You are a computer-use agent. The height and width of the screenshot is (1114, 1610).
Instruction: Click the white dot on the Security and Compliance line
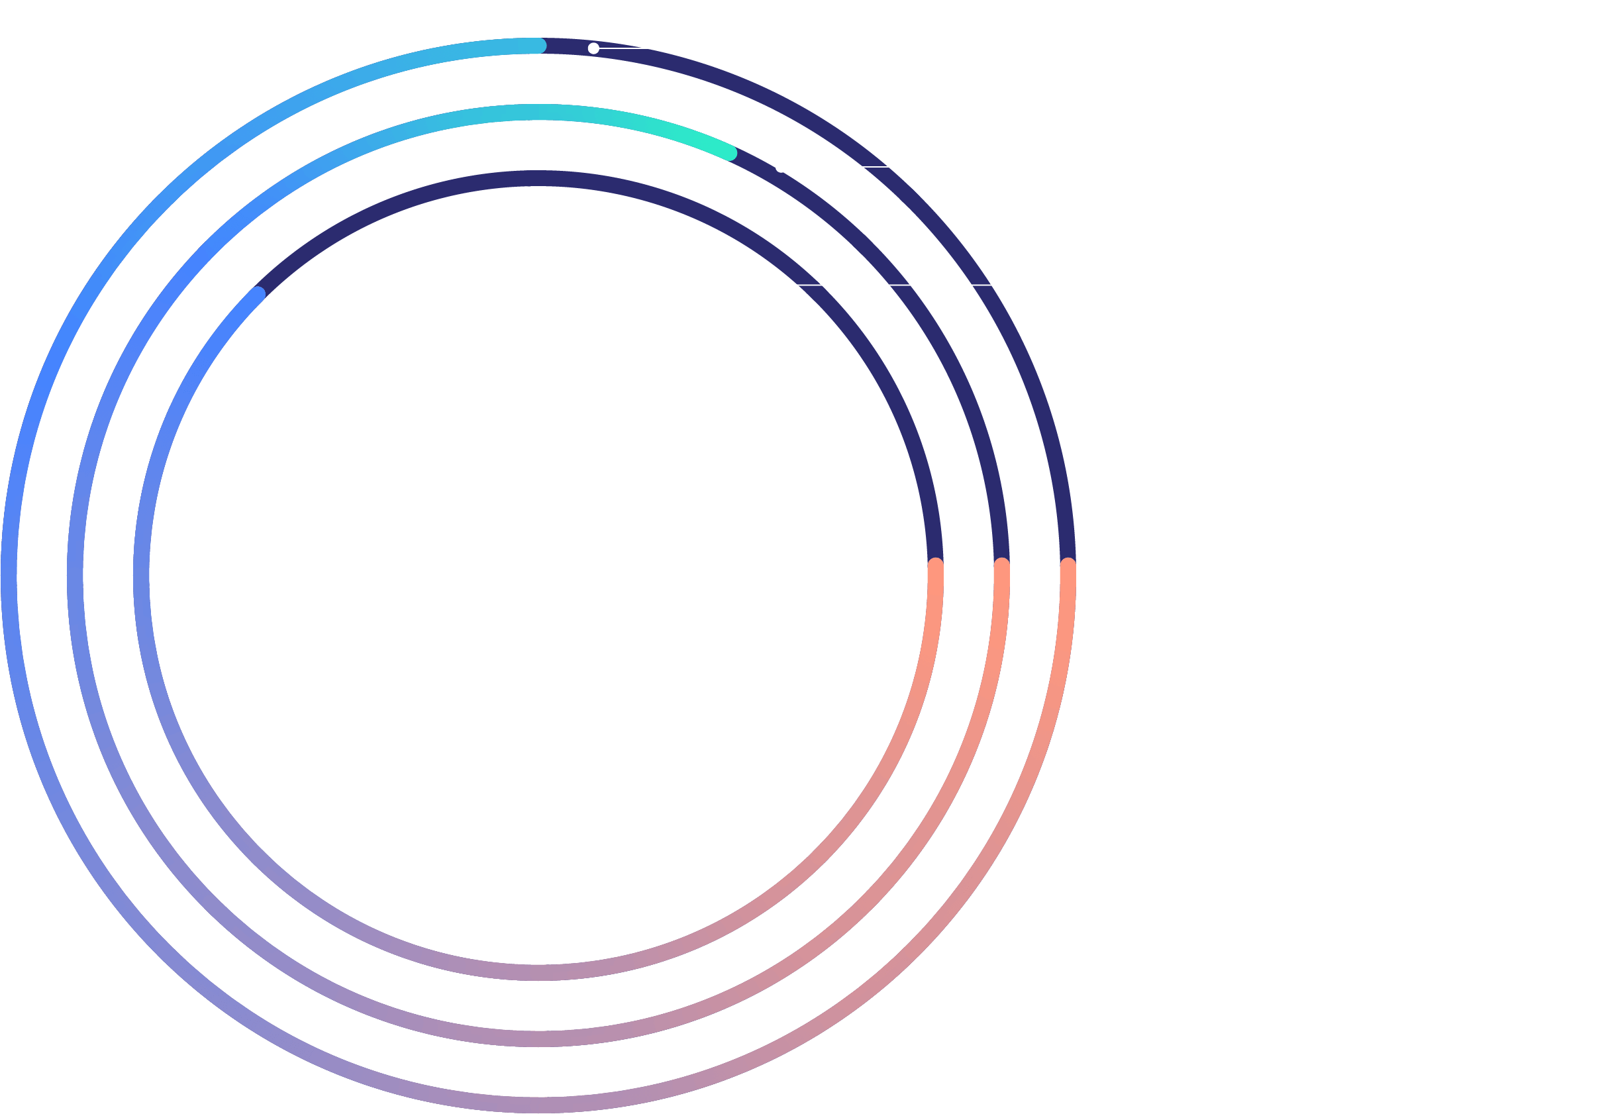593,48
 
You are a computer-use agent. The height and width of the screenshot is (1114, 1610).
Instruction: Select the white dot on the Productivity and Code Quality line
781,167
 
